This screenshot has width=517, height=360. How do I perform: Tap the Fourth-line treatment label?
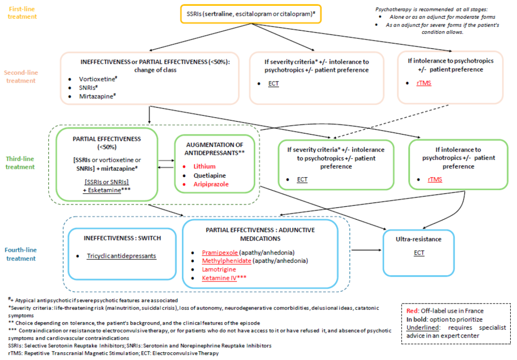point(20,254)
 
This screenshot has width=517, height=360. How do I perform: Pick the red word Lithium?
point(204,166)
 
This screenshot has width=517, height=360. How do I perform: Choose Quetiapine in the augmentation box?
point(209,175)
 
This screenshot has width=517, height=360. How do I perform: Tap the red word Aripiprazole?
point(211,184)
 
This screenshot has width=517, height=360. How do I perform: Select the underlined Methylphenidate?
point(226,261)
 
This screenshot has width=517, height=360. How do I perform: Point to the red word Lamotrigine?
point(219,269)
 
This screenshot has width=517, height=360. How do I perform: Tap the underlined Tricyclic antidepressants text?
point(122,256)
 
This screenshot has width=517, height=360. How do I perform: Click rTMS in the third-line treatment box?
point(435,180)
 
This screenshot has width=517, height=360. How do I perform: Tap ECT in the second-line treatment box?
point(274,83)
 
